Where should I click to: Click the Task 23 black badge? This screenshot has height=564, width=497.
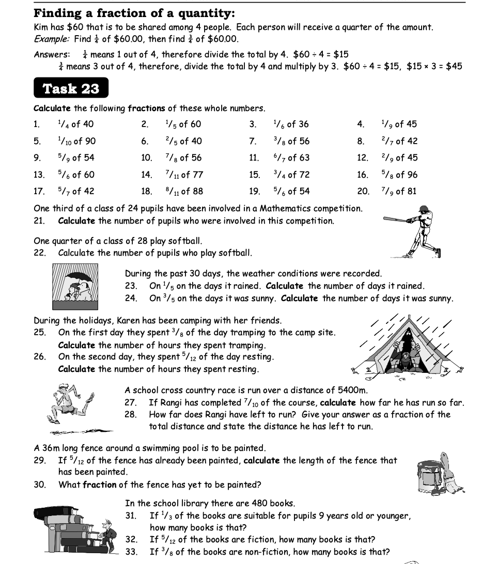tap(71, 88)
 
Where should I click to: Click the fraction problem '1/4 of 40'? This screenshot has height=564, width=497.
tap(75, 124)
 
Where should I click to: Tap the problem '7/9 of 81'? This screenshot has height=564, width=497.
tap(398, 191)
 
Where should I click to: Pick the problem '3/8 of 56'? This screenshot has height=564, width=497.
tap(291, 141)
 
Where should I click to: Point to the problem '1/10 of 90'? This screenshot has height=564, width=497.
tap(76, 141)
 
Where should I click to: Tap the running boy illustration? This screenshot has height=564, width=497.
tap(72, 405)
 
